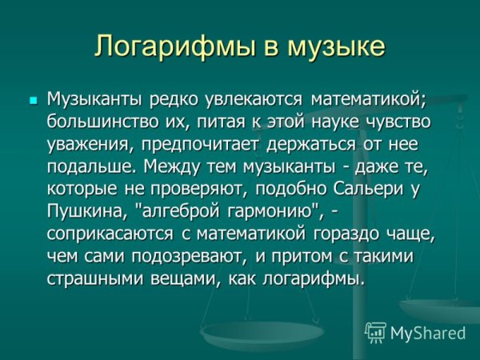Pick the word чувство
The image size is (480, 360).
point(398,123)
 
